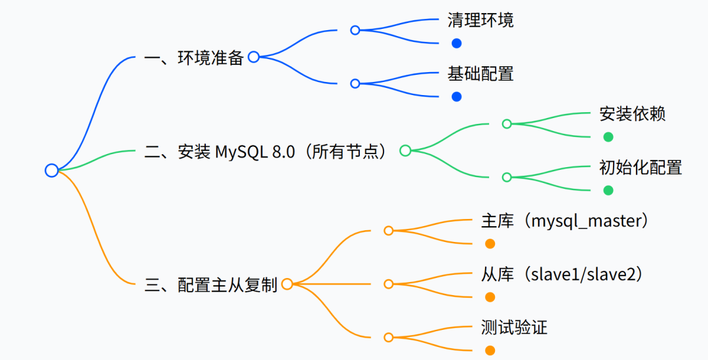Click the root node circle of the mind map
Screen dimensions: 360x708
tap(52, 170)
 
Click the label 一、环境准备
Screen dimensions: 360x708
tap(193, 58)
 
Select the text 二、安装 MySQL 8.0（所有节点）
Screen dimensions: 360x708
tap(269, 151)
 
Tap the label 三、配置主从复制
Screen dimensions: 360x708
tap(210, 285)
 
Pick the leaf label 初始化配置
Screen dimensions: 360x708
tap(640, 167)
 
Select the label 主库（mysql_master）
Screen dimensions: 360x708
tap(564, 221)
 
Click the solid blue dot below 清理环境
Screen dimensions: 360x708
tap(457, 43)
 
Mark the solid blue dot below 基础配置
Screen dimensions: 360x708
tap(457, 96)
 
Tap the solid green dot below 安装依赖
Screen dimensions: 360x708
tap(608, 137)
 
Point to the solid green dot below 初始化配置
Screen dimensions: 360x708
tap(608, 190)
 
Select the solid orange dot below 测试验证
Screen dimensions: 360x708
tap(490, 350)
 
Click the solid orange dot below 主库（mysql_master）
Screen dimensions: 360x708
tap(490, 244)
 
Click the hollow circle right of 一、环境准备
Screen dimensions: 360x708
tap(254, 57)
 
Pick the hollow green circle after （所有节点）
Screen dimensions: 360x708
tap(405, 151)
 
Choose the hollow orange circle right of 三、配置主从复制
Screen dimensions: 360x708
tap(286, 284)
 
